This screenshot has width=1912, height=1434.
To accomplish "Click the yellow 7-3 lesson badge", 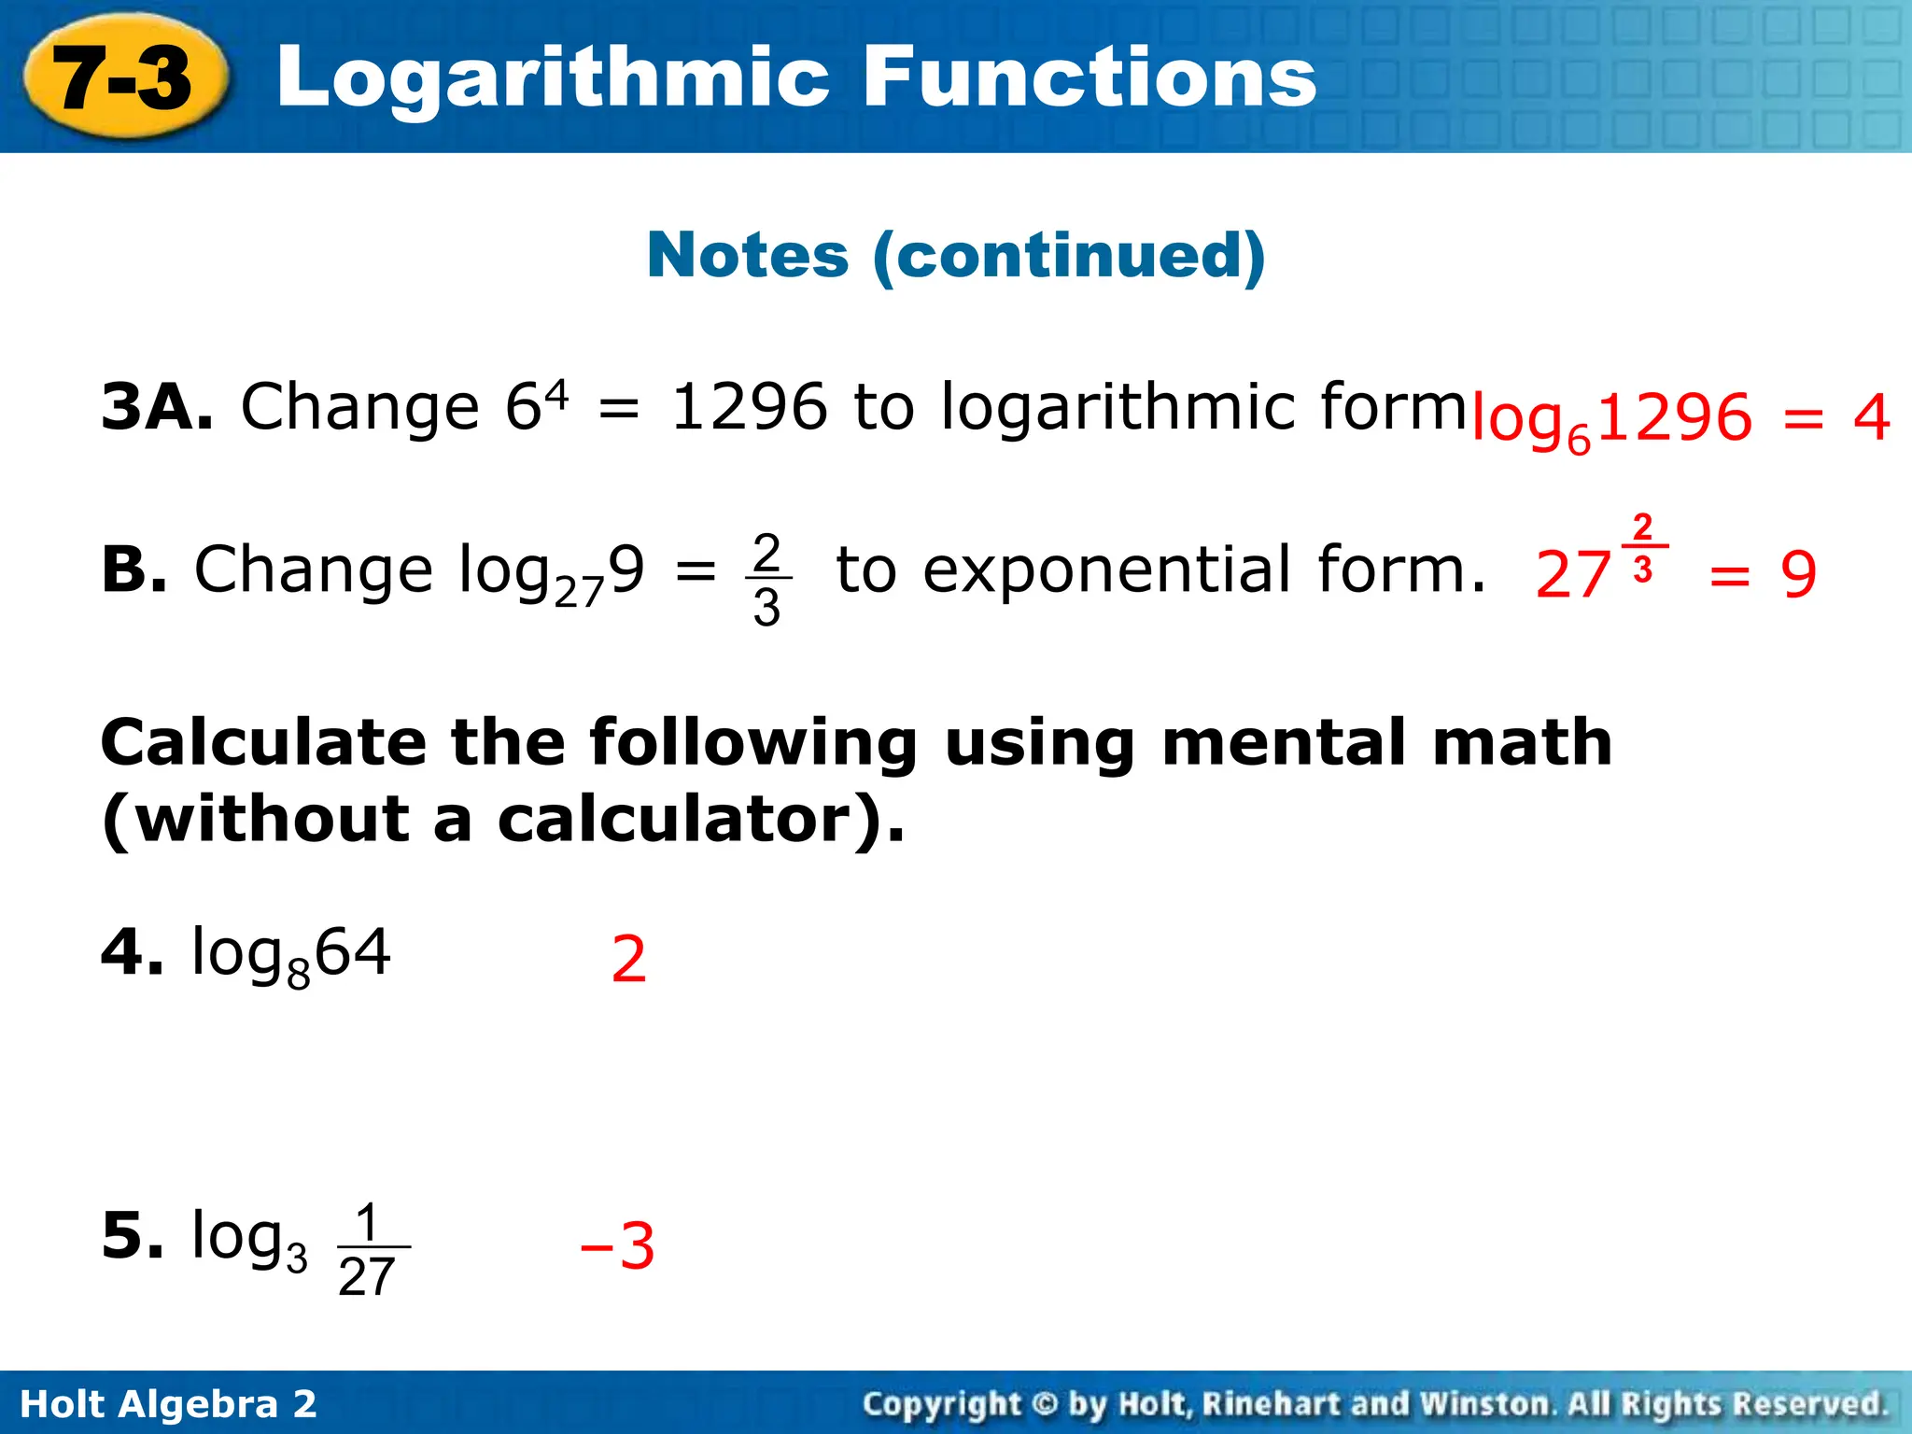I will coord(124,78).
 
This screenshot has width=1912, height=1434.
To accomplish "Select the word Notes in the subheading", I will coord(748,255).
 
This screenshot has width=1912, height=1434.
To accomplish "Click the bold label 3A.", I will coord(158,408).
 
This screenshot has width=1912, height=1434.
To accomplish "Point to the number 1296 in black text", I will coord(749,408).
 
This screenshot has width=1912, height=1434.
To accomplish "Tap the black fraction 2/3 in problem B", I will coord(766,579).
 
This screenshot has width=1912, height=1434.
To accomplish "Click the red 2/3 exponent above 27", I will coord(1643,547).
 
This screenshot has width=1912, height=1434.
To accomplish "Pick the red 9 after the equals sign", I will coord(1798,575).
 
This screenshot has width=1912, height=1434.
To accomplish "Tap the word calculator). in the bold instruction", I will coord(700,820).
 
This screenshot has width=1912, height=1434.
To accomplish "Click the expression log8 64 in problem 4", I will coord(290,955).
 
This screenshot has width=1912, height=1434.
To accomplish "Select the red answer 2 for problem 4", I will coord(628,960).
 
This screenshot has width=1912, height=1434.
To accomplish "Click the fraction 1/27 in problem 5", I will coord(369,1249).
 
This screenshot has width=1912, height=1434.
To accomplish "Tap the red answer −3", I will coord(618,1246).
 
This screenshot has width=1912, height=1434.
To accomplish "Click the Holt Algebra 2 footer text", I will coord(169,1404).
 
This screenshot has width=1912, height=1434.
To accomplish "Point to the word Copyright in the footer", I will coord(941,1404).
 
